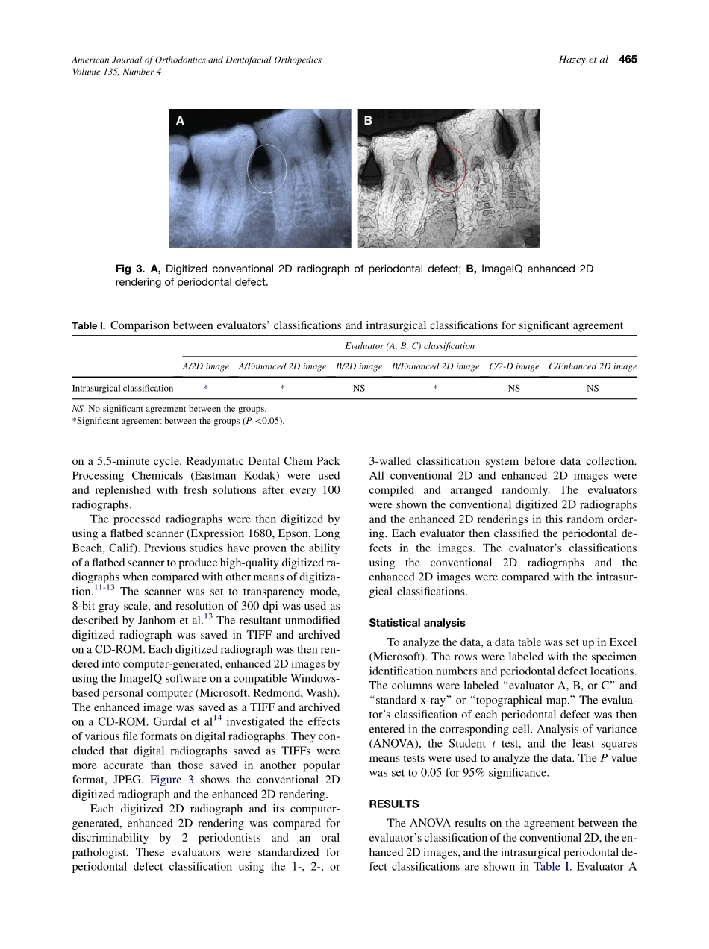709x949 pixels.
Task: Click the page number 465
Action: pyautogui.click(x=628, y=60)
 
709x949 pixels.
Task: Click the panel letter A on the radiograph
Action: pyautogui.click(x=180, y=120)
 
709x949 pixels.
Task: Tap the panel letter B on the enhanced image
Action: pyautogui.click(x=368, y=120)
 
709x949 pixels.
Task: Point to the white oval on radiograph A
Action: pyautogui.click(x=266, y=169)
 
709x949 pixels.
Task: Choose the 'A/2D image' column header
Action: pyautogui.click(x=206, y=366)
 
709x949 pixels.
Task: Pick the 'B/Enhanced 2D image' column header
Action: pyautogui.click(x=435, y=366)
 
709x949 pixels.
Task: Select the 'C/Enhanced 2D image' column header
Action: pyautogui.click(x=593, y=366)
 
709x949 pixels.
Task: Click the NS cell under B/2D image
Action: pyautogui.click(x=359, y=389)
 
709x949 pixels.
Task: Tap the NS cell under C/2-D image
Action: pyautogui.click(x=514, y=389)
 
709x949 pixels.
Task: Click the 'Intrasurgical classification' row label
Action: pyautogui.click(x=122, y=389)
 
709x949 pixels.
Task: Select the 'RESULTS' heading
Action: pyautogui.click(x=393, y=804)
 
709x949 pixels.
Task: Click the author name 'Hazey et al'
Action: pyautogui.click(x=583, y=60)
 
